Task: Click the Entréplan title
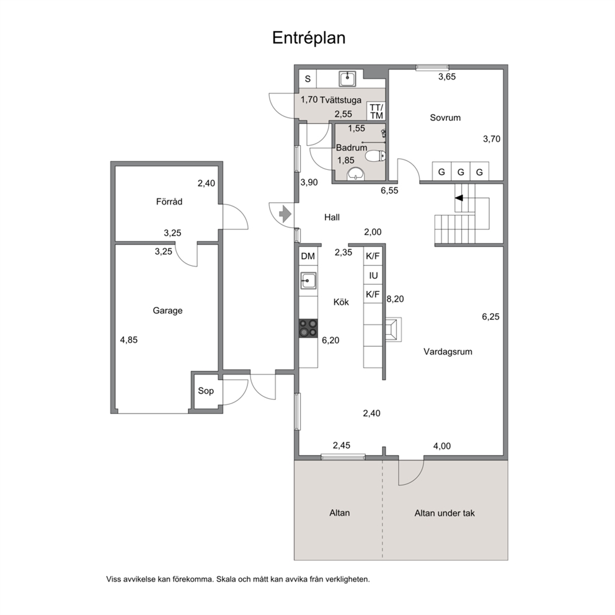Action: (309, 38)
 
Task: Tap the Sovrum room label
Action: (445, 118)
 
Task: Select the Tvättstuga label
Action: (340, 100)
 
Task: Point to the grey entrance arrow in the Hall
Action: (285, 214)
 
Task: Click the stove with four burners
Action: (308, 328)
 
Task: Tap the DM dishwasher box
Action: (308, 256)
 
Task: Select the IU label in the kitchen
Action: (373, 276)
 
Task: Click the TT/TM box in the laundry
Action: (376, 112)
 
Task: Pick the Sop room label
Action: (206, 391)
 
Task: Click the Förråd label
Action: (169, 201)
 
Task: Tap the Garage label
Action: (167, 311)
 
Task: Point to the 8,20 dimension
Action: (395, 299)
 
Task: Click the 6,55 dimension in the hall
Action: (389, 190)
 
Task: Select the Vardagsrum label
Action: (448, 352)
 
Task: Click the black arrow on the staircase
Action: (459, 198)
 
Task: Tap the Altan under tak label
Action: (445, 513)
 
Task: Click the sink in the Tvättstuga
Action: (348, 79)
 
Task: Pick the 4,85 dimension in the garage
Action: (129, 340)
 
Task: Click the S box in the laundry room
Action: (308, 79)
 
